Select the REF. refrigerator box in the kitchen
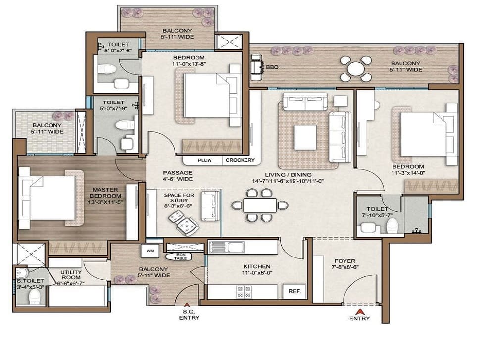294,291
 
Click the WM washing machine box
150,251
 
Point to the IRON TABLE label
180,257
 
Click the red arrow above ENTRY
359,311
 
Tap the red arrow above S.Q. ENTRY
187,304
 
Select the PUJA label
204,161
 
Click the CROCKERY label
240,160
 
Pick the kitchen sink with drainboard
227,247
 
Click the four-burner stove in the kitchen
244,292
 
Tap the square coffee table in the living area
305,137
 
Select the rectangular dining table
260,206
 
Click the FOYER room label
345,261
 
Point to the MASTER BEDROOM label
105,193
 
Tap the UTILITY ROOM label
71,275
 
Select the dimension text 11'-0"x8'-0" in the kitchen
257,273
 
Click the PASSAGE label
178,173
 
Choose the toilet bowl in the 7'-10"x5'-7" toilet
392,226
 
